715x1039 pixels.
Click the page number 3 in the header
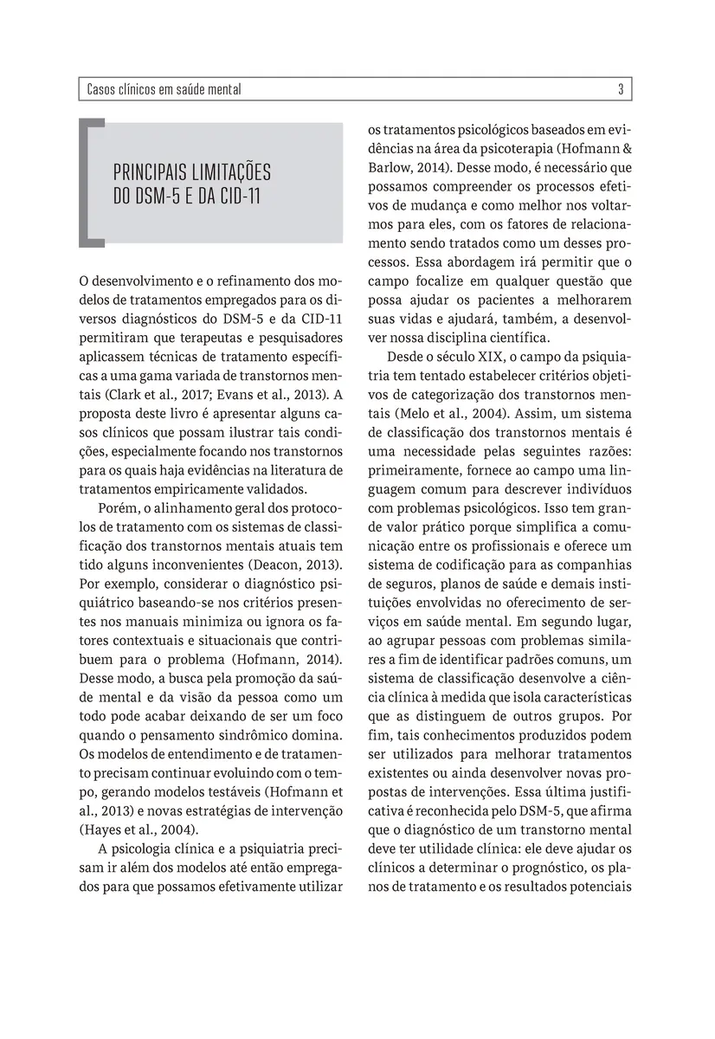tap(622, 89)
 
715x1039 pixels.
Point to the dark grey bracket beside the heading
tap(87, 181)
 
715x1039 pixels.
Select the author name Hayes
tap(106, 828)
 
